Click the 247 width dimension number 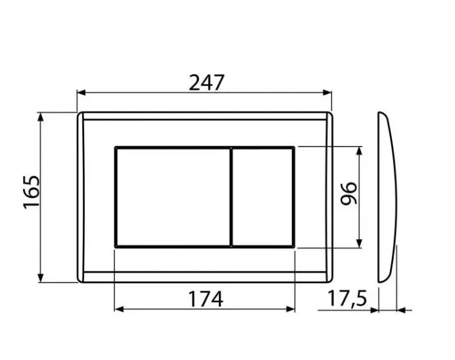point(206,83)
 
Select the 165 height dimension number point(32,192)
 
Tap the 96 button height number point(348,194)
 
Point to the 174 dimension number point(206,299)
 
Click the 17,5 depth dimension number point(347,298)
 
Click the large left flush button point(173,197)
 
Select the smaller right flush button point(263,197)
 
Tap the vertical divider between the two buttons point(231,197)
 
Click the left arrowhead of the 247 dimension point(82,93)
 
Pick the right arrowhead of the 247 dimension point(327,93)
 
